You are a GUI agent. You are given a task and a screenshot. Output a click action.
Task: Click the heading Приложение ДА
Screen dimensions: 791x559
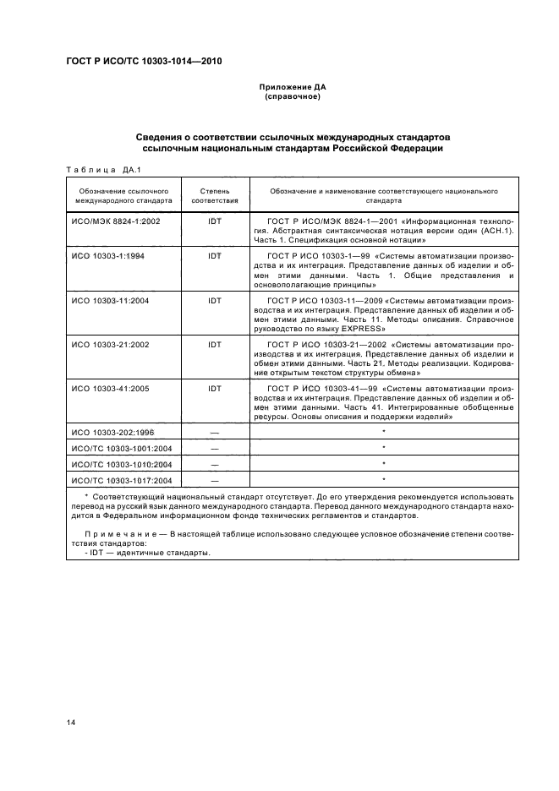pos(292,88)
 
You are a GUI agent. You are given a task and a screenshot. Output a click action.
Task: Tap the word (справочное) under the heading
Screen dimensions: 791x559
pos(292,97)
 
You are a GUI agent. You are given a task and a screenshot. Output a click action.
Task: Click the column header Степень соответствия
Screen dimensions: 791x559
pos(214,197)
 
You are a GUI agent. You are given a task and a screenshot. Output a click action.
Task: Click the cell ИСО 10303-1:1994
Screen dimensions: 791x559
pos(108,255)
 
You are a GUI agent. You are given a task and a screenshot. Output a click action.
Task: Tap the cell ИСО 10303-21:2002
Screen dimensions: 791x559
pos(110,346)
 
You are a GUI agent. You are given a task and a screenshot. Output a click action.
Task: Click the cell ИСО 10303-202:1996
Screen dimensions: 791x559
pos(112,432)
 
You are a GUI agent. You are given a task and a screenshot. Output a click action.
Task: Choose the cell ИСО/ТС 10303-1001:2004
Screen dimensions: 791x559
pos(122,448)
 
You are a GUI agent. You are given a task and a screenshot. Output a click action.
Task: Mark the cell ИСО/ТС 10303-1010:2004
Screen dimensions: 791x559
pos(122,464)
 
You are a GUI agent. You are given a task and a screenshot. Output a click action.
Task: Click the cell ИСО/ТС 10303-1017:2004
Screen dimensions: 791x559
pos(122,480)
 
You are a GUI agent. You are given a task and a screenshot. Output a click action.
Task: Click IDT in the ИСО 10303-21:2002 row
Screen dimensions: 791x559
pos(214,346)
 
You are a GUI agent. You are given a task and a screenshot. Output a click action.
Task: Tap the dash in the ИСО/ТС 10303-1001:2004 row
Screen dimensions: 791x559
pos(214,448)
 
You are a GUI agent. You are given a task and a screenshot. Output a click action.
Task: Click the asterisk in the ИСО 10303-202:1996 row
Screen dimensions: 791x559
pos(383,432)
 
